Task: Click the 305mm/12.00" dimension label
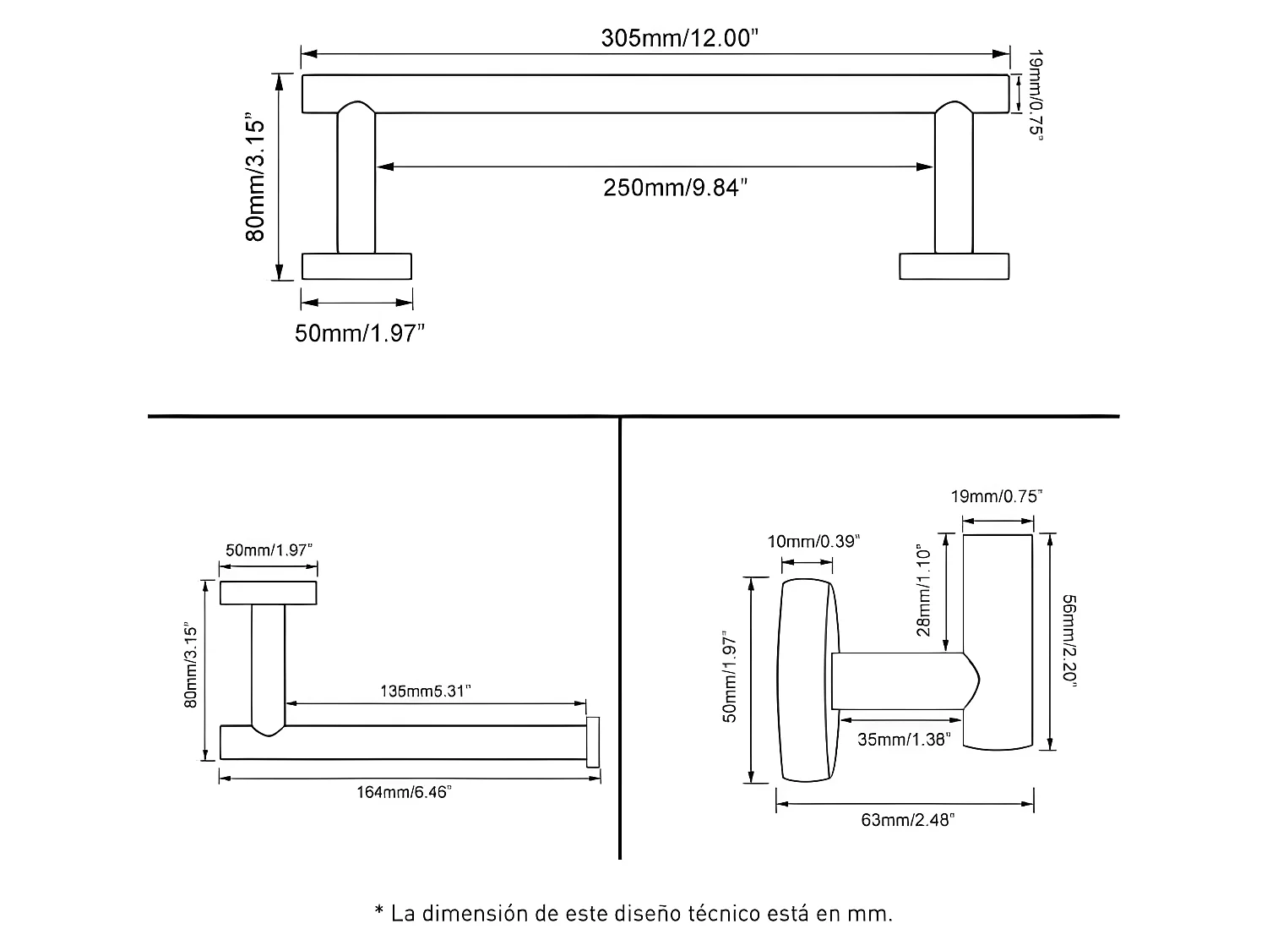[x=679, y=38]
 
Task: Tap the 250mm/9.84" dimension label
[x=676, y=188]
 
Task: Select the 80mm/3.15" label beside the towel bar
[x=254, y=177]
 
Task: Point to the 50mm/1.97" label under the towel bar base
[x=360, y=333]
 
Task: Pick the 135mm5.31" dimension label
[x=426, y=691]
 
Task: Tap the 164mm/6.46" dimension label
[x=404, y=791]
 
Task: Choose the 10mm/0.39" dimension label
[x=813, y=541]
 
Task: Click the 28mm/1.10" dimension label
[x=923, y=589]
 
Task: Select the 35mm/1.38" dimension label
[x=904, y=739]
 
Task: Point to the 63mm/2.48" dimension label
[x=907, y=820]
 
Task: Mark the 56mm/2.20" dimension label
[x=1069, y=641]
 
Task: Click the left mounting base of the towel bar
[x=356, y=266]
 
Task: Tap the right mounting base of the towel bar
[x=954, y=266]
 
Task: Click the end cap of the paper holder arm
[x=593, y=742]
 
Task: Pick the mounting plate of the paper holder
[x=268, y=593]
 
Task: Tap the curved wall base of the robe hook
[x=808, y=680]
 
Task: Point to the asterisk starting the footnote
[x=379, y=910]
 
